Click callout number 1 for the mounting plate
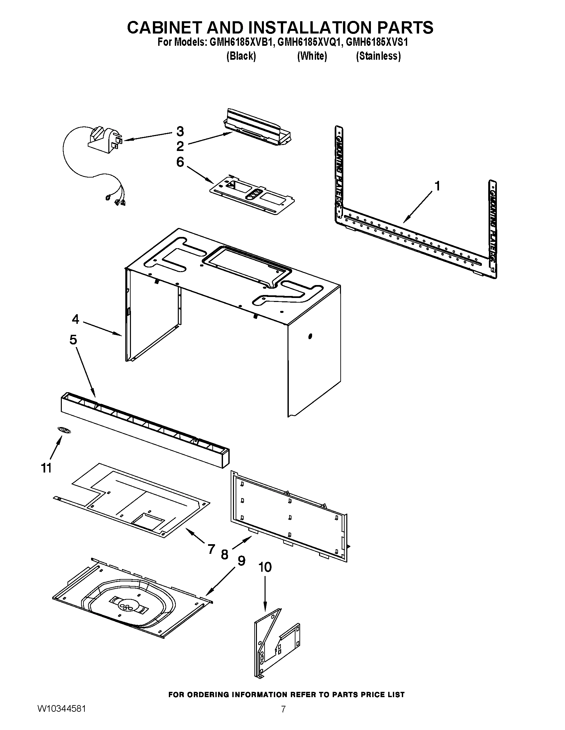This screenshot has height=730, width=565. coord(437,186)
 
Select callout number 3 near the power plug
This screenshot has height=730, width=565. coord(180,131)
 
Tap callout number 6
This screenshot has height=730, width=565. coord(180,162)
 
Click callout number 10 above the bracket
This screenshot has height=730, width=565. coord(265,567)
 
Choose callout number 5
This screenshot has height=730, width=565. coord(73,340)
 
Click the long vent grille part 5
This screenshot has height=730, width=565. coord(144,429)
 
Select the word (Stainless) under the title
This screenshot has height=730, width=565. coord(378,56)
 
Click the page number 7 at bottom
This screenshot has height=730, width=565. coord(283,717)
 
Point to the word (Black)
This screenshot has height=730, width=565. coord(241,56)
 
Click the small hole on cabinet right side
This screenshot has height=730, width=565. coord(310,336)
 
